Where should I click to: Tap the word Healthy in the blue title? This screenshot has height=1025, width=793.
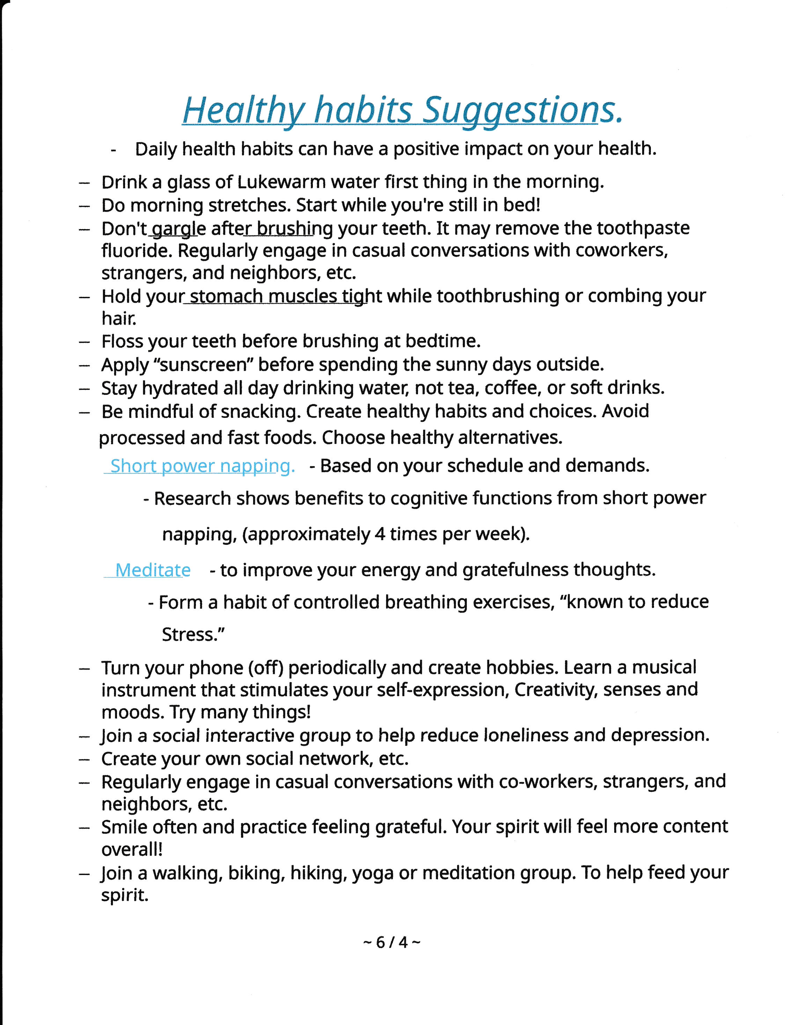pyautogui.click(x=244, y=110)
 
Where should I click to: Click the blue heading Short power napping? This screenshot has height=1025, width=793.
pyautogui.click(x=203, y=466)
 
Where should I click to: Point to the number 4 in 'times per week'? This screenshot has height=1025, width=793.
pyautogui.click(x=380, y=534)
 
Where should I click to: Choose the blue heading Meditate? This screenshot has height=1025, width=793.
pyautogui.click(x=153, y=570)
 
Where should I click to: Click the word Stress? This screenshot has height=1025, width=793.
pyautogui.click(x=192, y=634)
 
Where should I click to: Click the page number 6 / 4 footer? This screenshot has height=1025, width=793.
pyautogui.click(x=392, y=942)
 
